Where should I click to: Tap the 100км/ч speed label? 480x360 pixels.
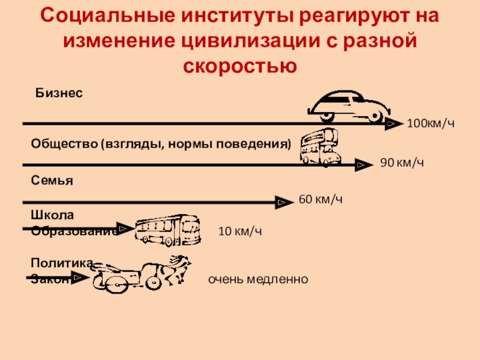click(x=431, y=124)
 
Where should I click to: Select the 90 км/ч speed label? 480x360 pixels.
click(x=403, y=163)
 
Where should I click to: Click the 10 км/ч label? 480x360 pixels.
click(x=240, y=232)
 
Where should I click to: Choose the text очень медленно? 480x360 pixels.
click(x=258, y=280)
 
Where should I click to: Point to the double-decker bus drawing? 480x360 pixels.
click(x=319, y=147)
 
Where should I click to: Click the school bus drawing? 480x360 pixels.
click(x=167, y=230)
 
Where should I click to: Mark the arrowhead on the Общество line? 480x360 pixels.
click(x=363, y=164)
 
